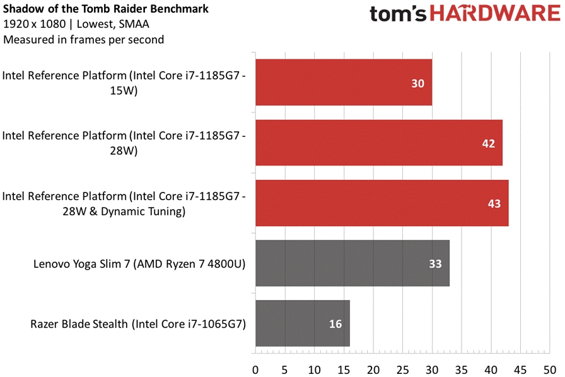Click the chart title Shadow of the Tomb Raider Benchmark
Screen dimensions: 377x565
coord(106,9)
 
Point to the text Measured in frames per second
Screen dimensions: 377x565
coord(83,40)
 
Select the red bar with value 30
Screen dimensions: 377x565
coord(344,83)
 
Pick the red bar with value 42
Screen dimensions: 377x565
coord(379,143)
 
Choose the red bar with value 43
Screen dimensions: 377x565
coord(382,203)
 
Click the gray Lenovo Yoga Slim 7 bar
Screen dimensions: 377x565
coord(352,263)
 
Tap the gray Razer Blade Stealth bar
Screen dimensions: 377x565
coord(302,323)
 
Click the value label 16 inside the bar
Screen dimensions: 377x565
coord(335,324)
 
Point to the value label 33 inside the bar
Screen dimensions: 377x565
coord(435,264)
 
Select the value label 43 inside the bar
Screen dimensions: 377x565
coord(494,203)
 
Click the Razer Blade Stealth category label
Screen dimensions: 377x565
coord(137,324)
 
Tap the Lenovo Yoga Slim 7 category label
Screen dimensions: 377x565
coord(139,264)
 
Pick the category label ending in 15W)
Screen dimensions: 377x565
coord(124,83)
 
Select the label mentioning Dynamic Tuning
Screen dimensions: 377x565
coord(124,203)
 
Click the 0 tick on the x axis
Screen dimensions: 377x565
coord(255,369)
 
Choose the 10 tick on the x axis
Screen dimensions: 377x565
coord(314,369)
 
